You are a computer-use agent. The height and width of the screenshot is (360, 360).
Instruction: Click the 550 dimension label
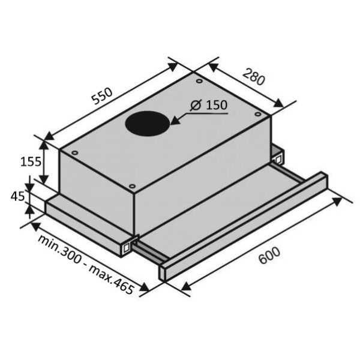(x=102, y=95)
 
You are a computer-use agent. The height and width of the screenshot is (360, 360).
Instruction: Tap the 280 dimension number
(x=253, y=76)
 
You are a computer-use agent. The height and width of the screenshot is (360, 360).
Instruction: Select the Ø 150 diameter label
(x=209, y=105)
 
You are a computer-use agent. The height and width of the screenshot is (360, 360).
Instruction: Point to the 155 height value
(x=31, y=161)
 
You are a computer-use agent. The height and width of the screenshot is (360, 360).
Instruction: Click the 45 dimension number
(x=17, y=197)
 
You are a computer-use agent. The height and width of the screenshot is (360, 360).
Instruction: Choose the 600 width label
(x=269, y=256)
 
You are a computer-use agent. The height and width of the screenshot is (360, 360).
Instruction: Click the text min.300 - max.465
(x=85, y=265)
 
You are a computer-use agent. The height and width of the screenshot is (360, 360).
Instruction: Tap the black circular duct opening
(x=148, y=124)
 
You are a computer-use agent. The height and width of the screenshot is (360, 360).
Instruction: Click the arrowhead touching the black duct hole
(x=175, y=121)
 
